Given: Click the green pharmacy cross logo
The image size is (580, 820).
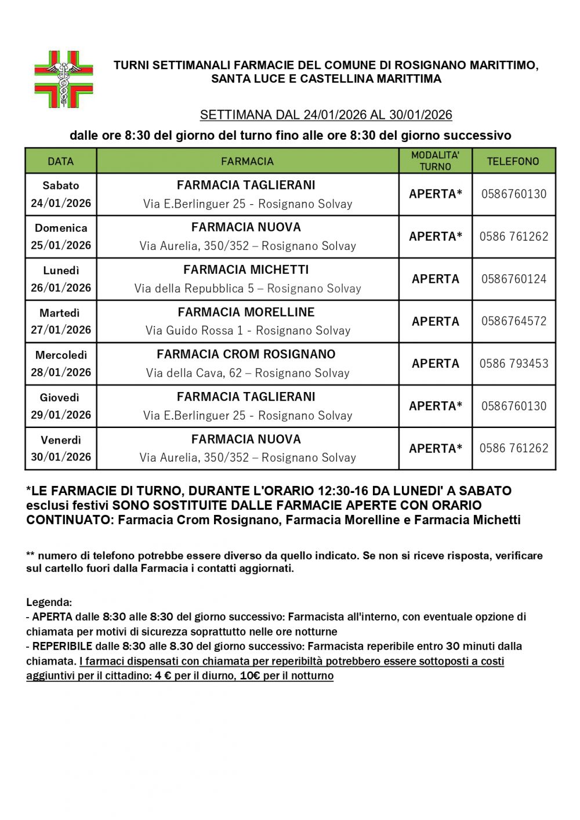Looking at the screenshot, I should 64,79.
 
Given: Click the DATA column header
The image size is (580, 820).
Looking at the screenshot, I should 61,161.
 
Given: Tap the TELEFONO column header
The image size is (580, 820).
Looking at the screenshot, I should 513,161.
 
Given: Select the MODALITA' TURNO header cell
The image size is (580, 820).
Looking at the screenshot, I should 435,161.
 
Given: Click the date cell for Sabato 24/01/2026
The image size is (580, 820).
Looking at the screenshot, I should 61,194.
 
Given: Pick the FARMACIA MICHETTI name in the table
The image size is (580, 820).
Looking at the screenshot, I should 246,270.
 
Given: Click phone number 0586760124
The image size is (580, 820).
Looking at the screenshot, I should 513,279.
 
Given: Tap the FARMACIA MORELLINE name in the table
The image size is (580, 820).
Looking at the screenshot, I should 246,312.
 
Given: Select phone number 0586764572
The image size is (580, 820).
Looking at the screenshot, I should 513,321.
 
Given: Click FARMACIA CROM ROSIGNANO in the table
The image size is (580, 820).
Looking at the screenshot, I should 246,354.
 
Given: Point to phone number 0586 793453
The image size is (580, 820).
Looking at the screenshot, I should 513,364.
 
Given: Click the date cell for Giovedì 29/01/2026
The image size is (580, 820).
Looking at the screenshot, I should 61,406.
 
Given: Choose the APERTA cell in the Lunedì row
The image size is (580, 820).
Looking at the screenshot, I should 435,279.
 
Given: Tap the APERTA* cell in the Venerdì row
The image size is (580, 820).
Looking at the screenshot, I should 435,448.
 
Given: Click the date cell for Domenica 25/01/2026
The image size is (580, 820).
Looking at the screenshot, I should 61,237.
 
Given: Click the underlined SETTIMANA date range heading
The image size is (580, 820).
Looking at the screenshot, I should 326,115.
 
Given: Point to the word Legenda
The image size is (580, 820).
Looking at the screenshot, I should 49,602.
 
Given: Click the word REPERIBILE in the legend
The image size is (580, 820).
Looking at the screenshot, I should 62,646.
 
